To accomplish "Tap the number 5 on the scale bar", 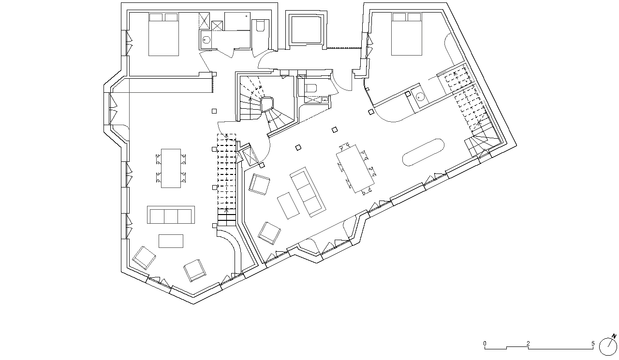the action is tap(593, 344).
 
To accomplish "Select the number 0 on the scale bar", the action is tap(485, 344).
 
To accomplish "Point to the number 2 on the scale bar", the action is tap(528, 344).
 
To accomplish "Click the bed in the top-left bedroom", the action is tap(163, 34).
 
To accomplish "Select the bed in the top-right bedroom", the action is tap(407, 34).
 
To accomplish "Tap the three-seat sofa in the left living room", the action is tap(171, 215).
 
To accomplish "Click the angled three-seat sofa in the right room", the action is tap(308, 192).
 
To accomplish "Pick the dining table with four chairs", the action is tap(171, 169).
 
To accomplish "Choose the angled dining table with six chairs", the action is tap(355, 169).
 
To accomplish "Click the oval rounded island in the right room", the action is tap(423, 152).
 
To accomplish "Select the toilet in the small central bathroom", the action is tap(311, 88).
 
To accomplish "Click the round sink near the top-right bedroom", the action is tap(420, 97).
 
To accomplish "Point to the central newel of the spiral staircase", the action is tap(267, 104).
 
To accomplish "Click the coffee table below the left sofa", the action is tap(171, 241).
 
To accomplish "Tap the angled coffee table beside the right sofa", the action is tap(288, 206).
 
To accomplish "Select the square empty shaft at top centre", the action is tap(307, 29).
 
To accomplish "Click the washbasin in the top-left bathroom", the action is tap(206, 40).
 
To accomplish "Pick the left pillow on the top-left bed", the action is tap(156, 17).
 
